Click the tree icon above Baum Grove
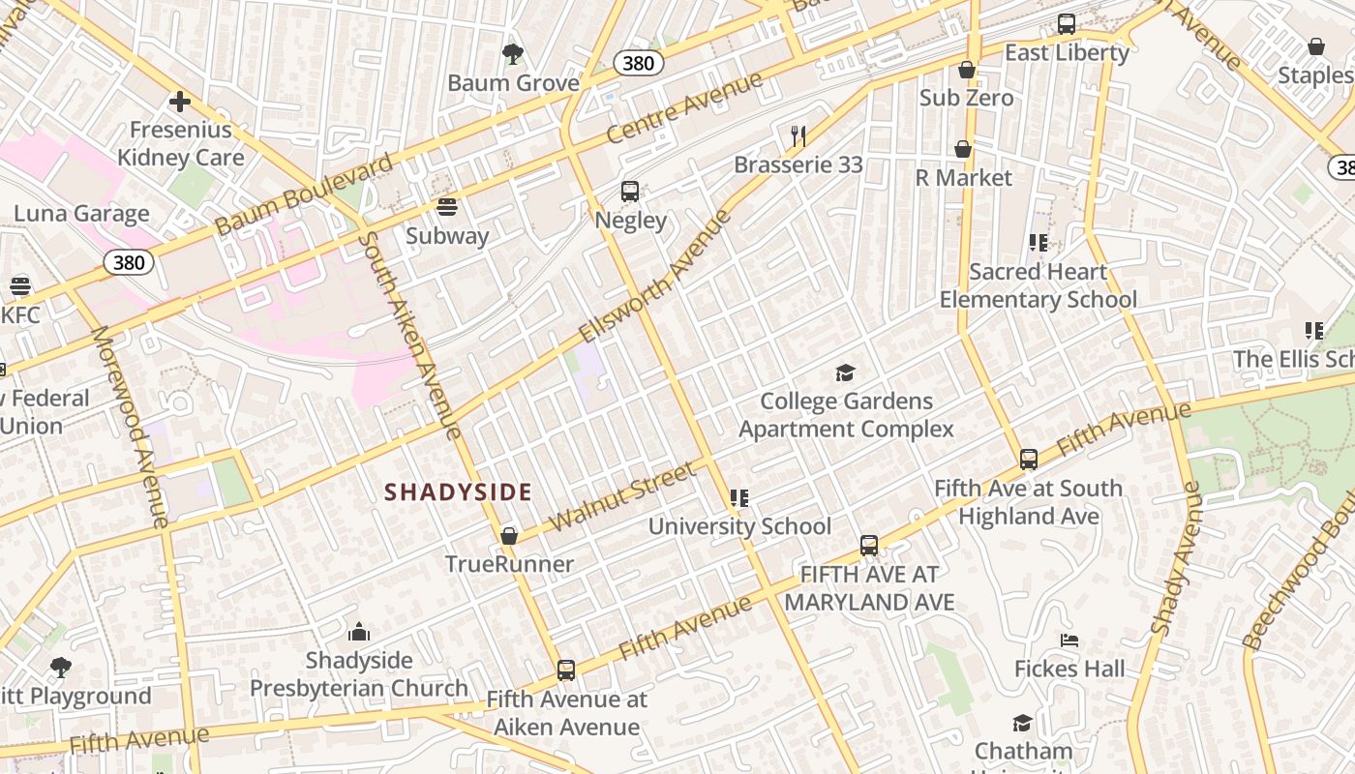point(512,53)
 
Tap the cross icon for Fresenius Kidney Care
point(179,102)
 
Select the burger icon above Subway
point(446,206)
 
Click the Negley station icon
point(630,191)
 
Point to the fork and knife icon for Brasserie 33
point(798,135)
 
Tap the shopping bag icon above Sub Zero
point(966,70)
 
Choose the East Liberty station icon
point(1067,24)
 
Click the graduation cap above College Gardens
point(846,372)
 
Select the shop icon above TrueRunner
point(509,536)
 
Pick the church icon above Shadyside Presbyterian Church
point(359,633)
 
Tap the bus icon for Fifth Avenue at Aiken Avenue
point(566,670)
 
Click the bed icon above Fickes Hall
point(1069,640)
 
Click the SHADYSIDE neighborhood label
point(458,492)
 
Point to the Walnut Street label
point(622,496)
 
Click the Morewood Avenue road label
point(130,426)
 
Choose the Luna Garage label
point(81,214)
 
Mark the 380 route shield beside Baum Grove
point(639,64)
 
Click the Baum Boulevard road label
point(304,193)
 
